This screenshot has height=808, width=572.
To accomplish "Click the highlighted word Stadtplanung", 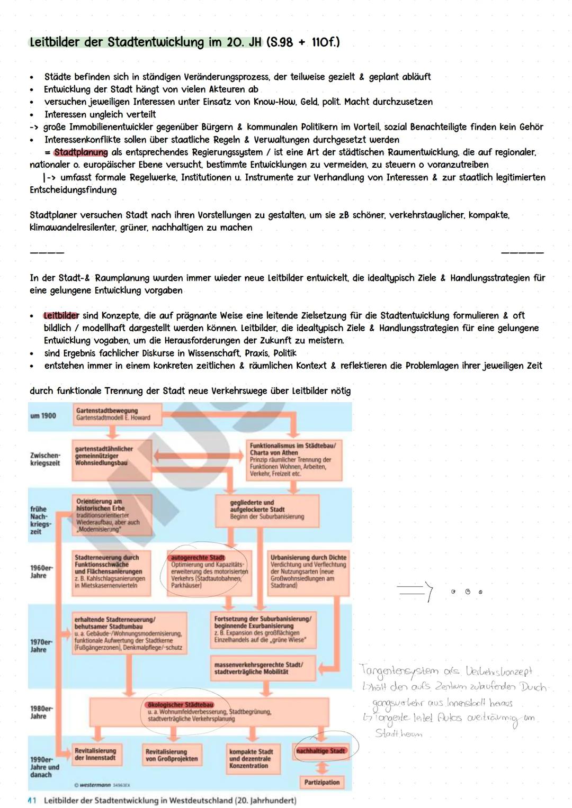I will coord(81,152).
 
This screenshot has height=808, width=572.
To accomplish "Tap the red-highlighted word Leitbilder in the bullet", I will coord(61,316).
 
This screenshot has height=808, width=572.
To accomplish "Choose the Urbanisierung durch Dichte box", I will coord(308,571).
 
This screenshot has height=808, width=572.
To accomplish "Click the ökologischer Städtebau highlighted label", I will coord(181,705).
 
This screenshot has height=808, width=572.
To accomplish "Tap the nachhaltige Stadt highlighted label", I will coord(320,751).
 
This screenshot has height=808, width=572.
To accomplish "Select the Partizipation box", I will coord(321,782).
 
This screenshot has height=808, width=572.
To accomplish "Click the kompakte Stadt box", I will coord(252,758).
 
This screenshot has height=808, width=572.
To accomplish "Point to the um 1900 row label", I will coord(43,416).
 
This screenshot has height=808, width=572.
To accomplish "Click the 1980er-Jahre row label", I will coord(41,712).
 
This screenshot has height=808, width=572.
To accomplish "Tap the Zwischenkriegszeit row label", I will coord(45,459).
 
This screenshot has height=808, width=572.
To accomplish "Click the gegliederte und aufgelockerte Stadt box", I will coord(267,510).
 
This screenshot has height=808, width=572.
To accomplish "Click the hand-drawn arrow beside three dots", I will coord(416,593).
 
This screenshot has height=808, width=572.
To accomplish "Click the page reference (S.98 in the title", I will coord(280,42).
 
